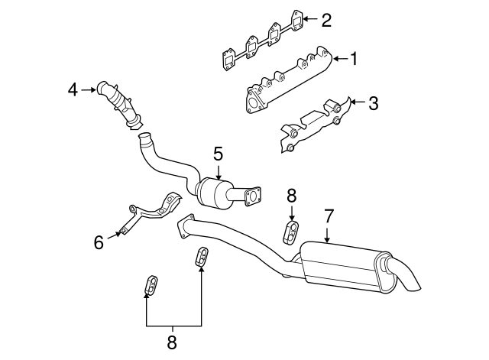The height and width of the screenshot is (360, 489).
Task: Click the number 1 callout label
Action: (354, 58)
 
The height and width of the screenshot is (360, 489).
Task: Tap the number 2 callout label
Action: (325, 20)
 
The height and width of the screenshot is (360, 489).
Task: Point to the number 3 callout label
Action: (373, 102)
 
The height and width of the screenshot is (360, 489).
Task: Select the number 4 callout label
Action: (73, 89)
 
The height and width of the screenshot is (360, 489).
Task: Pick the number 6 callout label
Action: (99, 243)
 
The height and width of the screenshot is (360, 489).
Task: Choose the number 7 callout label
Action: (328, 216)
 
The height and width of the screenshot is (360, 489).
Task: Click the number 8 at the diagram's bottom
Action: (172, 339)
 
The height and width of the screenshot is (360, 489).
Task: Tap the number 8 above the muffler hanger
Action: (291, 196)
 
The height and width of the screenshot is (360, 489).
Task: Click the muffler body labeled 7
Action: (344, 268)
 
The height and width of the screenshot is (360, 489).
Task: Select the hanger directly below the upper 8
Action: (292, 231)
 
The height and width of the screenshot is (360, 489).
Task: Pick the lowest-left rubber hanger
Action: (151, 286)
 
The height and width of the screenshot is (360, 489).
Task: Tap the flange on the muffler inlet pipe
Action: (183, 227)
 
